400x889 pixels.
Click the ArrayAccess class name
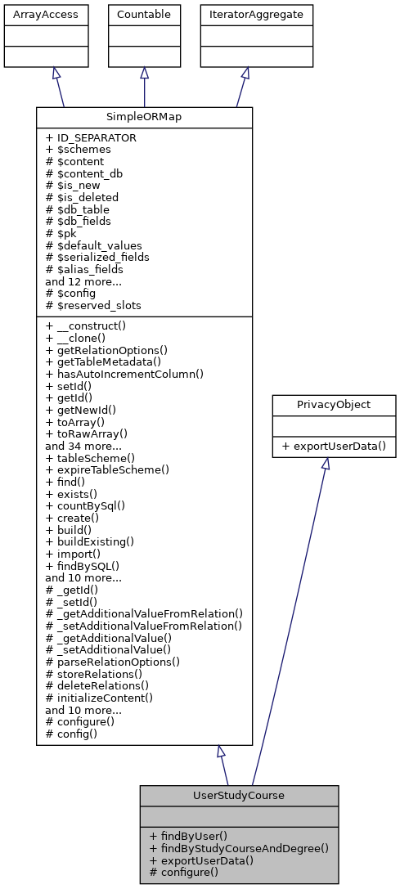click(33, 14)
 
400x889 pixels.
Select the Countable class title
click(144, 14)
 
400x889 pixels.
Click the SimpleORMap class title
click(144, 117)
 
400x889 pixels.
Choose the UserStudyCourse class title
click(239, 795)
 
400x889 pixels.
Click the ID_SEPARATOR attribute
click(91, 138)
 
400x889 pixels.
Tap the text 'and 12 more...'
click(83, 281)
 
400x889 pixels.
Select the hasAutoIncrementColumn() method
click(124, 373)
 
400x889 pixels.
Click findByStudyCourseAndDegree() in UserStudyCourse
click(239, 848)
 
